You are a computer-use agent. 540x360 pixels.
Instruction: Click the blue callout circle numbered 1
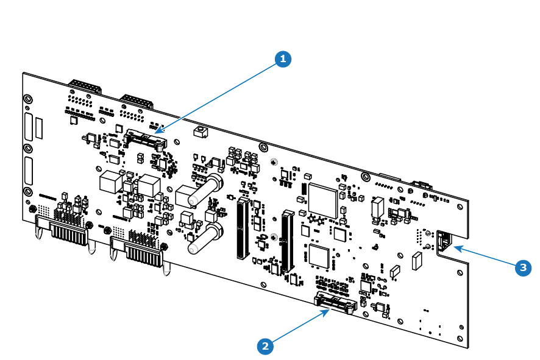click(x=283, y=59)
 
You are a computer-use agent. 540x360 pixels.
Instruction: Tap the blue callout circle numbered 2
click(x=265, y=346)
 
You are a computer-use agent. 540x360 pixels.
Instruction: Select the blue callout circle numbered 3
click(x=523, y=268)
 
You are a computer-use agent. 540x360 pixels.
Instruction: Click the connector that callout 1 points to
click(x=145, y=139)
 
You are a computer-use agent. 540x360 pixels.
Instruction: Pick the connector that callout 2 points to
click(x=335, y=302)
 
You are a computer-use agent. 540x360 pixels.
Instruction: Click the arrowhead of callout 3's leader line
click(x=459, y=248)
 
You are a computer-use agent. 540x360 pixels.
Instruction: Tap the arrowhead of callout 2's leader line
click(x=325, y=312)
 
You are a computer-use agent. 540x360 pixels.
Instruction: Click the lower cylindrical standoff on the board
click(x=205, y=239)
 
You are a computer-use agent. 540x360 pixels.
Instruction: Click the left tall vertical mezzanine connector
click(x=243, y=228)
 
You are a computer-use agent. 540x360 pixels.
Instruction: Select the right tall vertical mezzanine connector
click(x=288, y=241)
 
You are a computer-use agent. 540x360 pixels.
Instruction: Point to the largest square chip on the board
click(x=323, y=200)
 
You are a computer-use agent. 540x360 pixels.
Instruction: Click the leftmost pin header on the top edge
click(x=85, y=86)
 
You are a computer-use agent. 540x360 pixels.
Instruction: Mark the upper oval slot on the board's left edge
click(x=29, y=127)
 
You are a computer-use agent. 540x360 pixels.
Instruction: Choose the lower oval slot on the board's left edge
click(x=29, y=171)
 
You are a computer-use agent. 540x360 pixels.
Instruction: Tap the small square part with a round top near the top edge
click(x=201, y=132)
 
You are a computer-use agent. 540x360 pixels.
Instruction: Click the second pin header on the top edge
click(x=137, y=101)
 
